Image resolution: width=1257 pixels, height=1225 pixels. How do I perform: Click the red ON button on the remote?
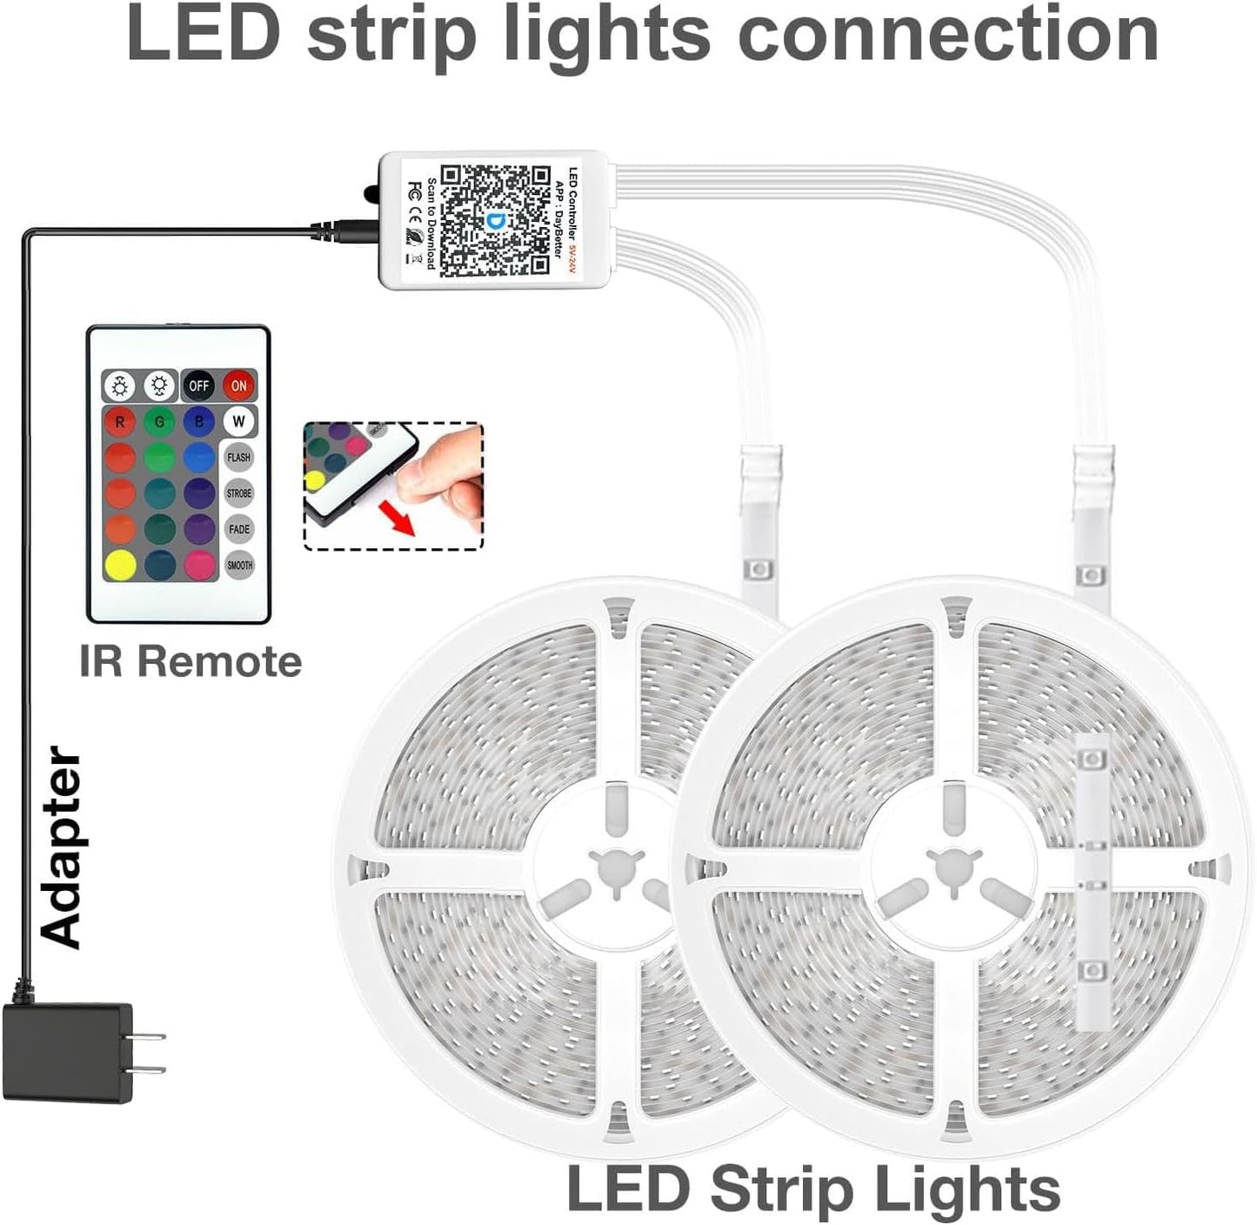click(x=239, y=385)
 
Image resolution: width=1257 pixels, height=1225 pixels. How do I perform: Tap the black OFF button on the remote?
click(x=199, y=385)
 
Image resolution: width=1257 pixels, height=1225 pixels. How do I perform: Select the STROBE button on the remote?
click(x=239, y=493)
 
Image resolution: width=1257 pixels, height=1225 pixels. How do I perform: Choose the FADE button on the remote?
click(x=239, y=529)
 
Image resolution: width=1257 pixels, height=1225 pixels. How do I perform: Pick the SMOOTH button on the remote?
click(x=239, y=565)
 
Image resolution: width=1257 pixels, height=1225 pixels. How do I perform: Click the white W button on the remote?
click(x=239, y=421)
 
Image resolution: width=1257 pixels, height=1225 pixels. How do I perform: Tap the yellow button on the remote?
click(x=120, y=565)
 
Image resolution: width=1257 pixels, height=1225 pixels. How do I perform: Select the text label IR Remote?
click(x=191, y=661)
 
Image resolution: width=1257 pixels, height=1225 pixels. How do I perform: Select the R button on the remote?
click(x=120, y=421)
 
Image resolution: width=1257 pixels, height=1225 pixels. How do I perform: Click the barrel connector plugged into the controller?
click(x=348, y=231)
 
